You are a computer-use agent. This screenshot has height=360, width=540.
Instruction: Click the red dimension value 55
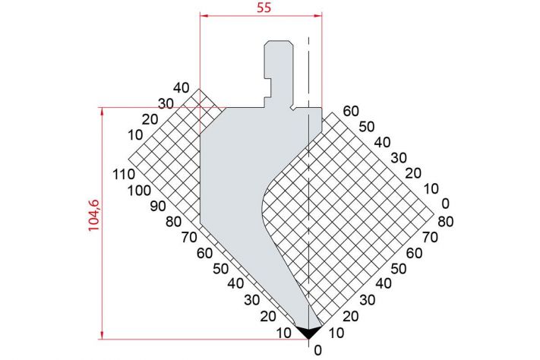(264, 8)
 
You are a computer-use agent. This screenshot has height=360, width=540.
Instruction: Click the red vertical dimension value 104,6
(93, 215)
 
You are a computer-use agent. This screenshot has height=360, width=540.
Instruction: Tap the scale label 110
(124, 175)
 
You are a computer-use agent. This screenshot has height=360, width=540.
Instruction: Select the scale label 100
(139, 190)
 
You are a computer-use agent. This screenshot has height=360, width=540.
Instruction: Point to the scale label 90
(158, 206)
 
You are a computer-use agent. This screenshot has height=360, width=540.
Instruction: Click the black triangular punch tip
(309, 331)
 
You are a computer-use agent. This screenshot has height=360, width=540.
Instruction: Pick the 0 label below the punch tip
(318, 350)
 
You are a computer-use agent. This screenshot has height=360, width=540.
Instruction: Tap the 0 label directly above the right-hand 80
(445, 204)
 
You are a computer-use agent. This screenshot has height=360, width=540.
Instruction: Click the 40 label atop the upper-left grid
(182, 88)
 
